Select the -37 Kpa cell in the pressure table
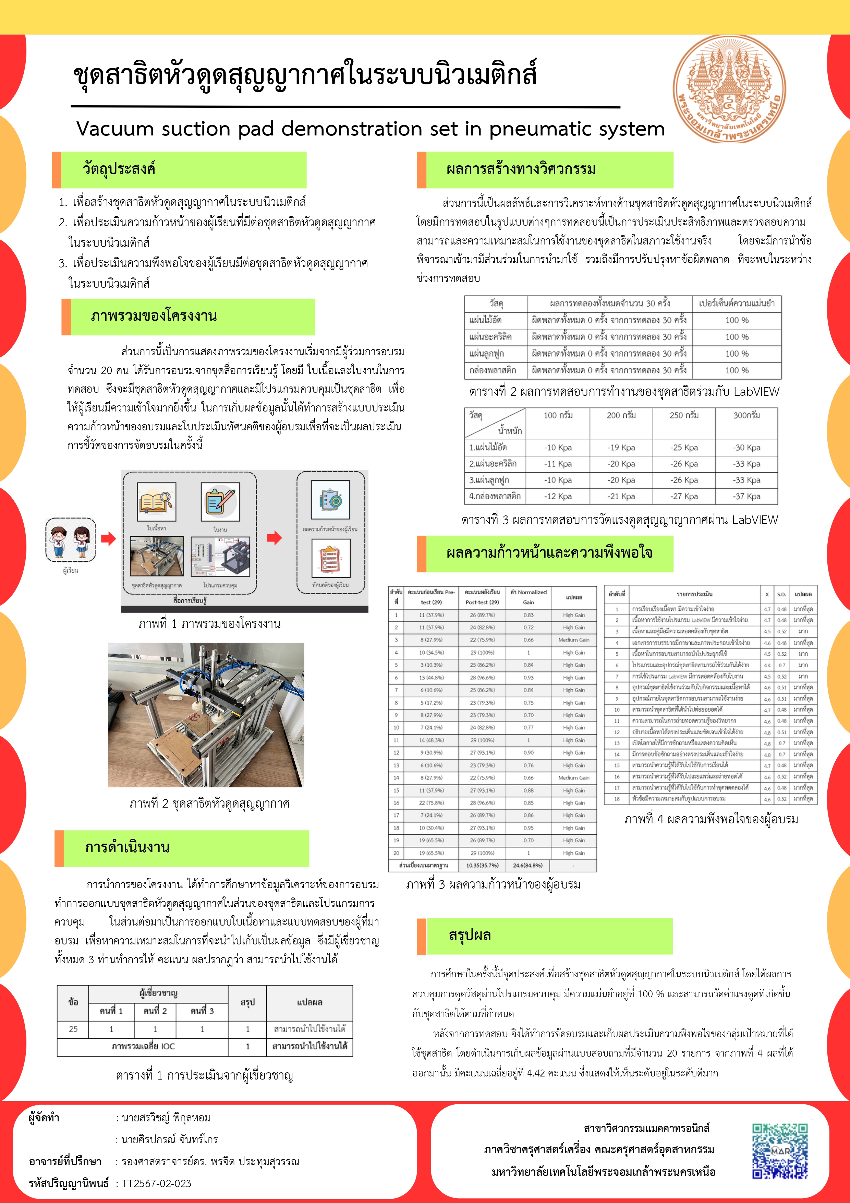pyautogui.click(x=746, y=496)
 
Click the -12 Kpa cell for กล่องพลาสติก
pyautogui.click(x=558, y=496)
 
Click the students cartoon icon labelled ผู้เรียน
pyautogui.click(x=71, y=540)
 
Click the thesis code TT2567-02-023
pyautogui.click(x=157, y=1183)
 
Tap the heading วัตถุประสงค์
pyautogui.click(x=119, y=169)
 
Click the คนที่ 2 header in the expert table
pyautogui.click(x=155, y=1011)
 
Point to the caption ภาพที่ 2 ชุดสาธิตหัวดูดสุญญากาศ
pyautogui.click(x=209, y=803)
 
